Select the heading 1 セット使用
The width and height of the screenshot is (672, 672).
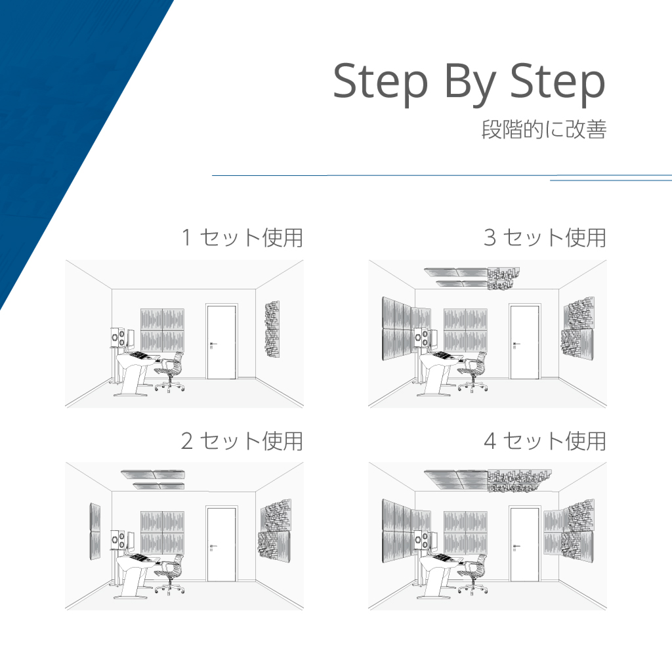click(242, 238)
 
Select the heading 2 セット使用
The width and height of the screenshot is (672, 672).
click(242, 441)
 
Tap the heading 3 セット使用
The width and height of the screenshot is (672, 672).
click(545, 238)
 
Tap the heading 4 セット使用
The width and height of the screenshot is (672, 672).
click(545, 441)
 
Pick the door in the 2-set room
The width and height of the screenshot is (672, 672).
click(221, 544)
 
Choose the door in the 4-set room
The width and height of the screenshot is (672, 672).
click(524, 544)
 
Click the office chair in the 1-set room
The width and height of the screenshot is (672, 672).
click(171, 373)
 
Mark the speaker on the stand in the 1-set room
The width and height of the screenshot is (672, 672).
click(118, 337)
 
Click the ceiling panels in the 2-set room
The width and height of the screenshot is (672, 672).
click(154, 478)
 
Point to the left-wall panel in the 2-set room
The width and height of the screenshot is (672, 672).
click(94, 532)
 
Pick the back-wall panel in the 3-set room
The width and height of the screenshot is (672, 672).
click(465, 329)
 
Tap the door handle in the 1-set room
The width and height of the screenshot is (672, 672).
click(212, 343)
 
